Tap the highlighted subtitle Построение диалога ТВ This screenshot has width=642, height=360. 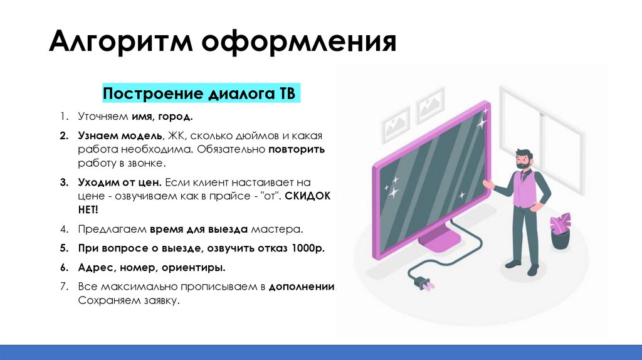202,94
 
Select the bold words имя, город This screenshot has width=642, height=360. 162,117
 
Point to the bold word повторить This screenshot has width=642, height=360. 298,151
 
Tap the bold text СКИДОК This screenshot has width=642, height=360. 307,196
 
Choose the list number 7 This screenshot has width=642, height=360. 64,287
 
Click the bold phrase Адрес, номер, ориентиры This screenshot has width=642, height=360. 152,268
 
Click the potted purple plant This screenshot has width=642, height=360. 560,230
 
